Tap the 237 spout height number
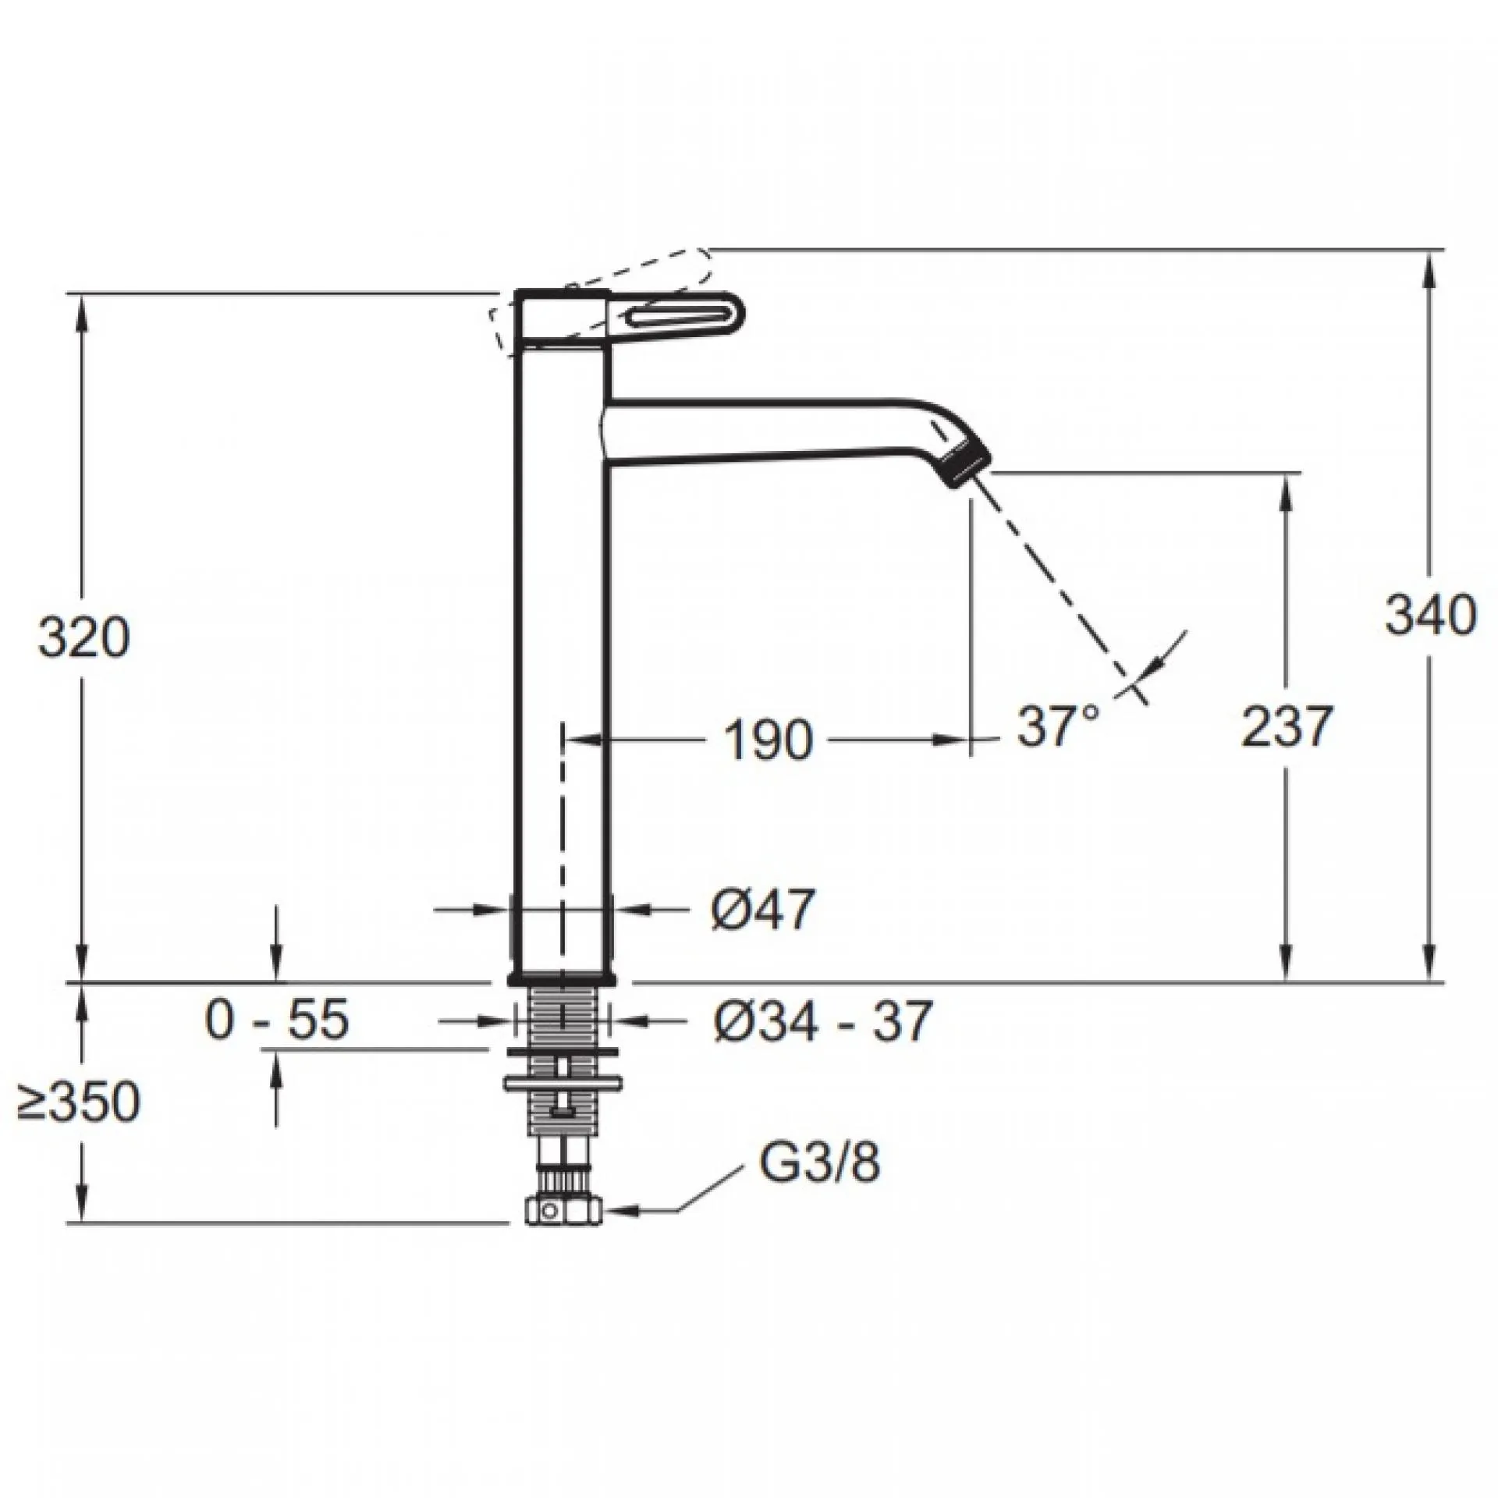[x=1284, y=726]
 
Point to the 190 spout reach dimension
[x=769, y=740]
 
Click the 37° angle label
[x=1058, y=726]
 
